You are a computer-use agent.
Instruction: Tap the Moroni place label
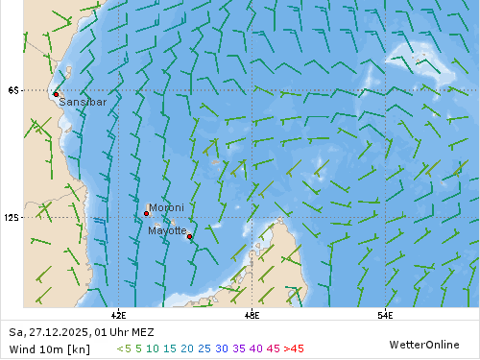point(166,207)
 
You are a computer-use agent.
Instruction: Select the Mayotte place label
point(167,230)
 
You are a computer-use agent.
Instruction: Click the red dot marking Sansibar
point(57,94)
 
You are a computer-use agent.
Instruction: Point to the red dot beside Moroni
point(146,213)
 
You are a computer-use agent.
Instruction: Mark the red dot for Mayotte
point(189,236)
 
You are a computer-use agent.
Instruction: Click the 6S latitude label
point(12,90)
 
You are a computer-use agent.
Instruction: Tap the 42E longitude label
point(119,313)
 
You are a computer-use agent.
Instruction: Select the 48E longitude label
point(252,313)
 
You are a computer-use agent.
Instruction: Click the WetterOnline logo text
point(423,344)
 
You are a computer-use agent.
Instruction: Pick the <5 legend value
point(124,348)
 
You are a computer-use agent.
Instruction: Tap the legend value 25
point(204,348)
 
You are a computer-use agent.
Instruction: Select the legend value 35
point(239,348)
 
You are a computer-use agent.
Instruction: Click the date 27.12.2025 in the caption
point(55,332)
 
